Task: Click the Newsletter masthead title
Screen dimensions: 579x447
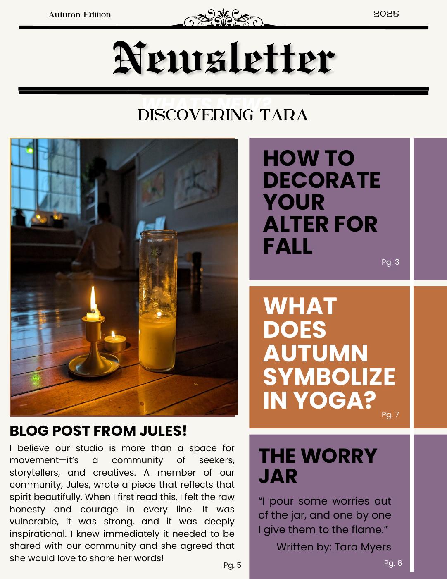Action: pyautogui.click(x=223, y=59)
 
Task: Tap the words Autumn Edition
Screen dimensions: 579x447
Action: pyautogui.click(x=80, y=15)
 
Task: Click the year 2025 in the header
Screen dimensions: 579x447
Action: pyautogui.click(x=386, y=14)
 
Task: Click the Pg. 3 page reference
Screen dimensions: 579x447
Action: pyautogui.click(x=390, y=262)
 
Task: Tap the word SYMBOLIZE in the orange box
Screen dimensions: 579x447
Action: pyautogui.click(x=329, y=376)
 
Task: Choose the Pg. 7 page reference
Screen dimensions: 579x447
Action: pyautogui.click(x=390, y=415)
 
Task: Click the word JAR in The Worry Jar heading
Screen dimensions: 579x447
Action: pyautogui.click(x=278, y=476)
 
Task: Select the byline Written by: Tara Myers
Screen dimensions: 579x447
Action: pyautogui.click(x=333, y=547)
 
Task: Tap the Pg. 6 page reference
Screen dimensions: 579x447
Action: pyautogui.click(x=393, y=563)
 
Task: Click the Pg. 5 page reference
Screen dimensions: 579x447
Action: pyautogui.click(x=232, y=565)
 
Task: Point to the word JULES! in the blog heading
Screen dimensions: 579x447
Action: pyautogui.click(x=163, y=431)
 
